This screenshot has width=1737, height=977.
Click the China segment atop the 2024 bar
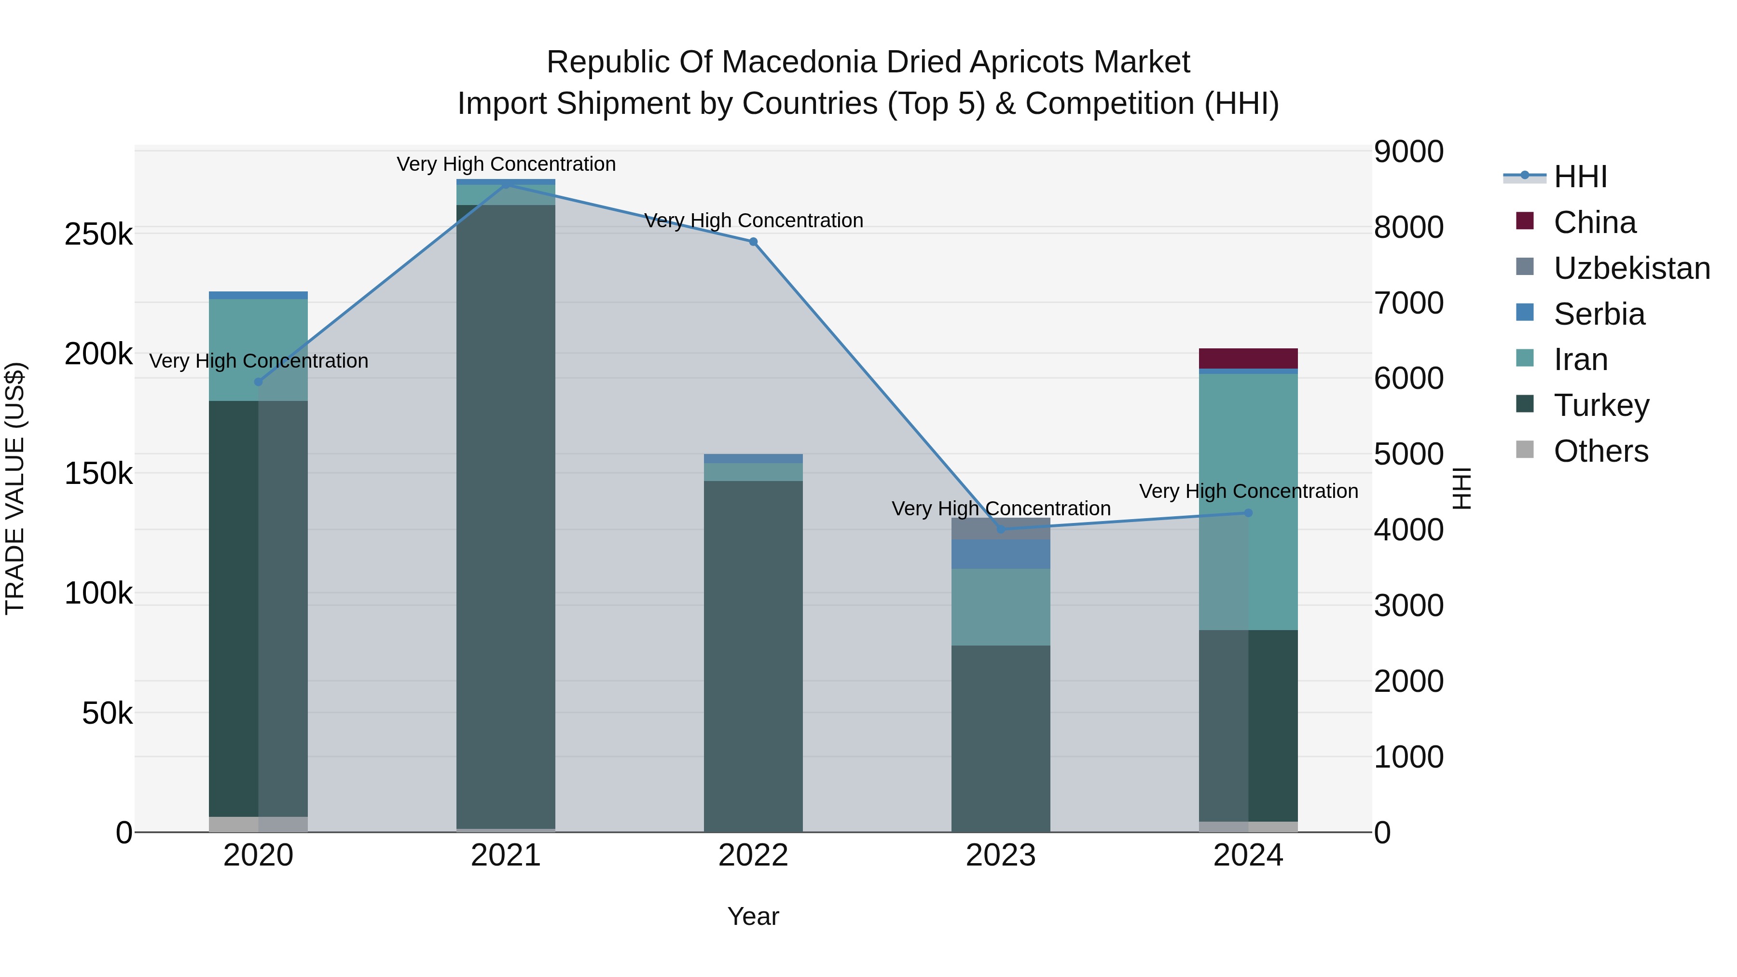(x=1248, y=358)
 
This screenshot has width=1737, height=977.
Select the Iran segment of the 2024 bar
(x=1248, y=502)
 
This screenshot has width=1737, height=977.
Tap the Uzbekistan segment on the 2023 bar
(x=1001, y=529)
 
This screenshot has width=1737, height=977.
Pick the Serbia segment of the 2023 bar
(x=1001, y=554)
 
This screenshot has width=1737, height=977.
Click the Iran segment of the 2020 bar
(x=258, y=350)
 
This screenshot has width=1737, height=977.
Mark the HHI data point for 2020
(x=258, y=382)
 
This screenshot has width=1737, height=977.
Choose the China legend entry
(x=1575, y=222)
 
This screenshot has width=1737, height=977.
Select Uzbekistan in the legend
(x=1612, y=268)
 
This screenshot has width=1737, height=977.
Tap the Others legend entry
(x=1581, y=451)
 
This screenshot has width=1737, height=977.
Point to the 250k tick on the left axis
(x=98, y=234)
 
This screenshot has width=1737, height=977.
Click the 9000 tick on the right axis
(x=1408, y=151)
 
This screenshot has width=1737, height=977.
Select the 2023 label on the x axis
(x=1001, y=855)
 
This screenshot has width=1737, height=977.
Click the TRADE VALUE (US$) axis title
(x=15, y=488)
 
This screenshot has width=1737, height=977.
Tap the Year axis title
(x=753, y=916)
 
